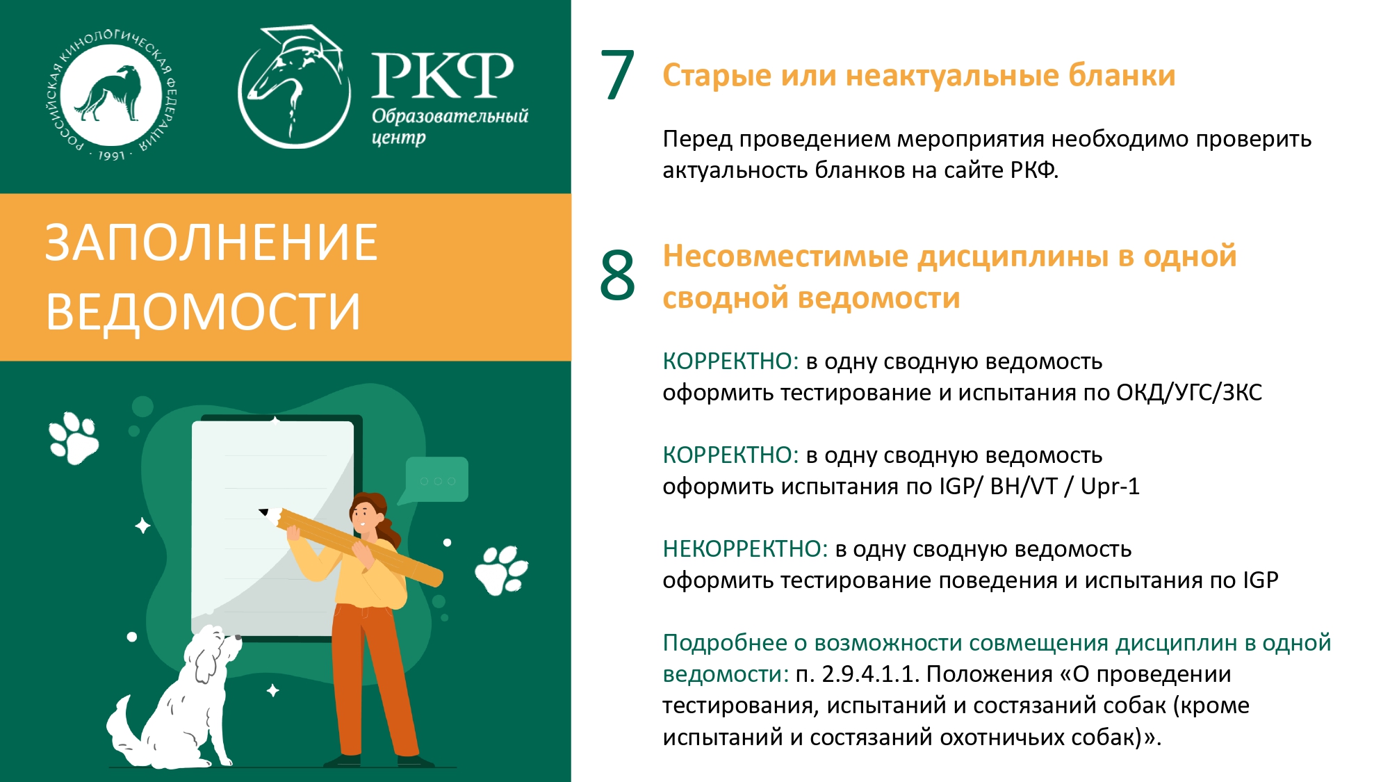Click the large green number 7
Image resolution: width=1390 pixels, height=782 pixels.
pos(617,75)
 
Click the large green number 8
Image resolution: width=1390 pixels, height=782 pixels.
pos(617,275)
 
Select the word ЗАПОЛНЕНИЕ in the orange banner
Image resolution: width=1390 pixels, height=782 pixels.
pos(211,243)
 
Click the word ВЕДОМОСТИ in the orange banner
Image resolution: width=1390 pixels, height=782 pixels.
pos(203,311)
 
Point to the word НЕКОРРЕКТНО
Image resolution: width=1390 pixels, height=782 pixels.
pos(745,549)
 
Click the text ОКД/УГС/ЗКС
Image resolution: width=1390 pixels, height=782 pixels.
pos(1189,393)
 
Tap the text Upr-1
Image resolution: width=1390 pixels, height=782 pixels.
pos(1110,487)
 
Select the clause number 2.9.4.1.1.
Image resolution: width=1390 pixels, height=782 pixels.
pos(871,674)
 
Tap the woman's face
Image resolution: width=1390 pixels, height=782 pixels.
pos(363,516)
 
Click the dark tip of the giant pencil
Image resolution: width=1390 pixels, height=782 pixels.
pos(263,512)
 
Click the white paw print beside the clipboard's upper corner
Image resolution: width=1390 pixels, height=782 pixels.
pos(74,438)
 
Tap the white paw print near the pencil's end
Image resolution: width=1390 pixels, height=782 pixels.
pos(501,570)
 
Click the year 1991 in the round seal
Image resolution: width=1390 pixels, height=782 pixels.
pos(111,156)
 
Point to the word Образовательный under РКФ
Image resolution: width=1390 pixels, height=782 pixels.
pos(450,115)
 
